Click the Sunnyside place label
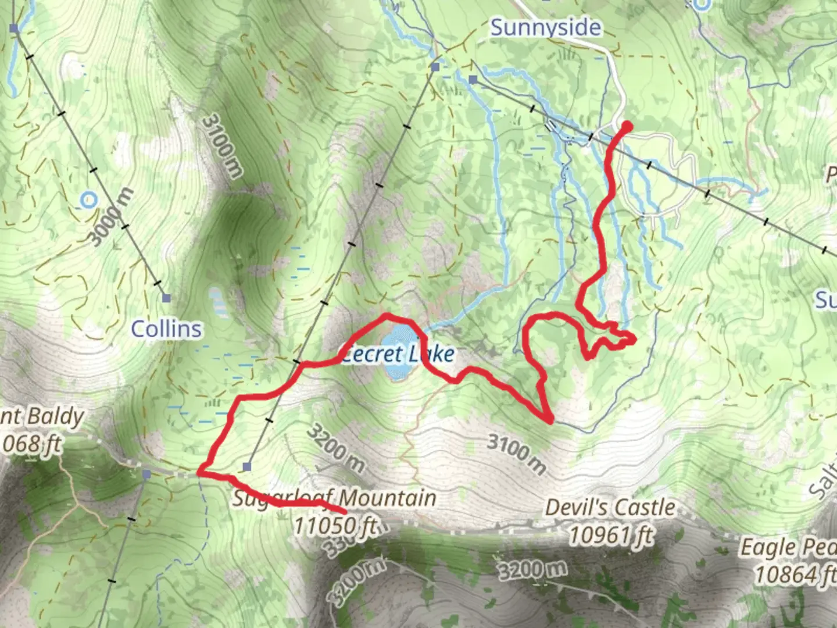tap(545, 27)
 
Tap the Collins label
tap(166, 329)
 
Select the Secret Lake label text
tap(398, 354)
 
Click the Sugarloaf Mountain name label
tap(334, 498)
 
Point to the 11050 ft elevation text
tap(334, 525)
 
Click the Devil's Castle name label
tap(610, 508)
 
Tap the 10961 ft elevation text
tap(610, 534)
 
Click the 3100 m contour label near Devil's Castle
tap(517, 454)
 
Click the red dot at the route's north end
tap(627, 125)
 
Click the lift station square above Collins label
tap(167, 298)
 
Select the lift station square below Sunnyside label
tap(473, 80)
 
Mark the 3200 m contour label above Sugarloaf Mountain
tap(335, 448)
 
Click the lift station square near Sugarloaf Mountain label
tap(248, 466)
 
